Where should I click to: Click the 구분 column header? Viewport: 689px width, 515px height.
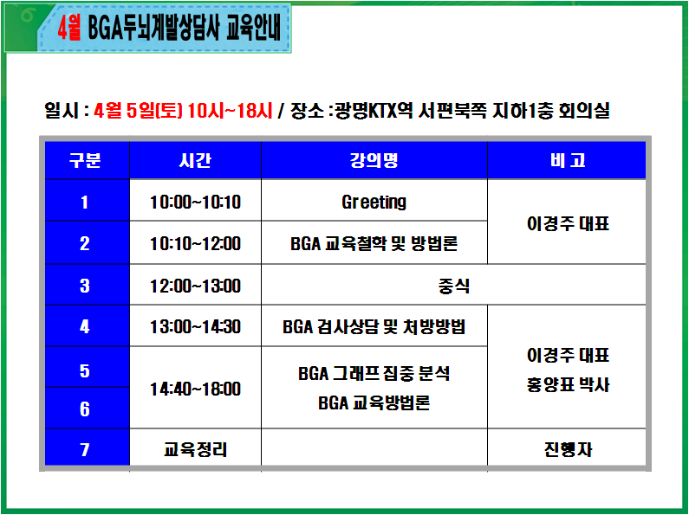[85, 160]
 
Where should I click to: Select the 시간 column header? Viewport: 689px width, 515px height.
[195, 160]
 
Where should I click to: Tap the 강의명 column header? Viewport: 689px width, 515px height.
[374, 160]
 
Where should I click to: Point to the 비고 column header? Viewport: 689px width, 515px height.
[568, 160]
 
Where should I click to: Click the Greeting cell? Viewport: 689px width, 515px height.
[374, 203]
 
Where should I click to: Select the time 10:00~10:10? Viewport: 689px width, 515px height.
[196, 203]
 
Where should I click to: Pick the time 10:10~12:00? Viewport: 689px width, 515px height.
[196, 243]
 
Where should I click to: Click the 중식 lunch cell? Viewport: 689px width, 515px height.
[453, 286]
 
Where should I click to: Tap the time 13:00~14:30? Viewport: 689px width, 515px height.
[196, 327]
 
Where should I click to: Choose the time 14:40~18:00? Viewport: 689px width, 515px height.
[196, 389]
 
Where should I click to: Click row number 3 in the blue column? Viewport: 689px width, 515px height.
[85, 286]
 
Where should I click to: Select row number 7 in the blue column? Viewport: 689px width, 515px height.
[85, 449]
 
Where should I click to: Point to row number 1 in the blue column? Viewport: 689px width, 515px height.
[84, 203]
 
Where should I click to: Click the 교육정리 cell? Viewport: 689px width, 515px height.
[196, 449]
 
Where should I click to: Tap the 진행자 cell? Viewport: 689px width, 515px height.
[568, 449]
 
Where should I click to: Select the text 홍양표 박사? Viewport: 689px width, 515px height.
[568, 384]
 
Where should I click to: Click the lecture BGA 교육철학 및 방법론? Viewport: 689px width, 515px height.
[374, 243]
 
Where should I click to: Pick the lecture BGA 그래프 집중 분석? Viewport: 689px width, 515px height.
[374, 373]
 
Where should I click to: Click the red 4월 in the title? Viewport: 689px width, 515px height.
[69, 29]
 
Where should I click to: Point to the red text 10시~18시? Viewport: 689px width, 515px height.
[230, 111]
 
